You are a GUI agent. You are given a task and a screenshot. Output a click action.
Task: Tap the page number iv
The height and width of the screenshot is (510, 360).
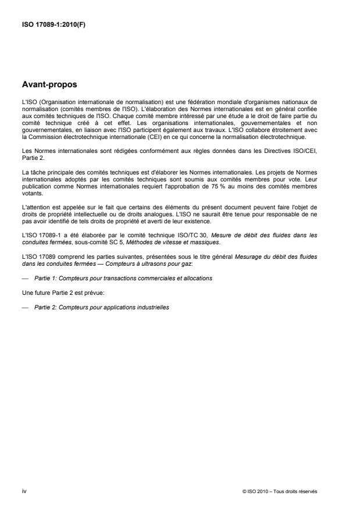[x=24, y=491]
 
